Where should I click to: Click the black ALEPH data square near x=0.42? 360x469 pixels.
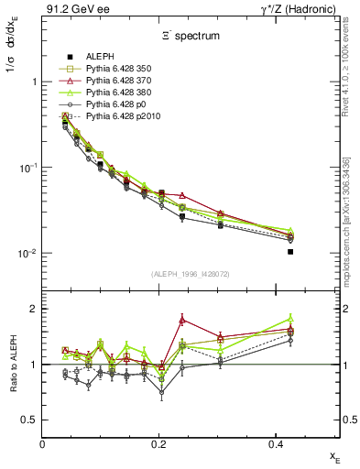click(x=290, y=251)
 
